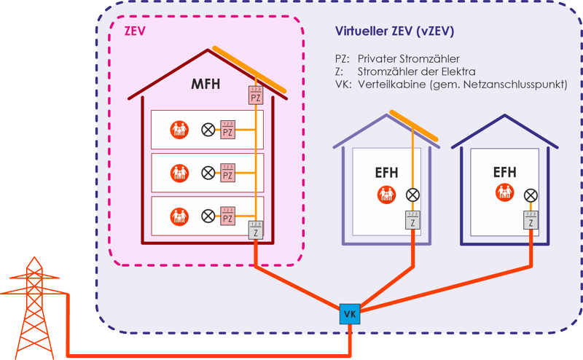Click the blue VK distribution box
point(350,314)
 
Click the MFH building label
point(206,85)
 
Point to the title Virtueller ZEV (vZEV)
point(395,32)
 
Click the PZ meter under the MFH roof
point(255,95)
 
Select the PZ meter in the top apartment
point(227,130)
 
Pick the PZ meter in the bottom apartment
point(227,216)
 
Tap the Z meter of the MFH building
point(255,230)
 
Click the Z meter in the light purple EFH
point(412,220)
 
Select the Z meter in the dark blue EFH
point(531,220)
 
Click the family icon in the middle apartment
point(179,173)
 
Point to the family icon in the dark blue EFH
point(504,194)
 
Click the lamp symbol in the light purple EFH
point(412,195)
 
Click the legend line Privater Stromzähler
point(408,58)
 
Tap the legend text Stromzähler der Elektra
point(416,71)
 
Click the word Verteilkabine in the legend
point(390,85)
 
